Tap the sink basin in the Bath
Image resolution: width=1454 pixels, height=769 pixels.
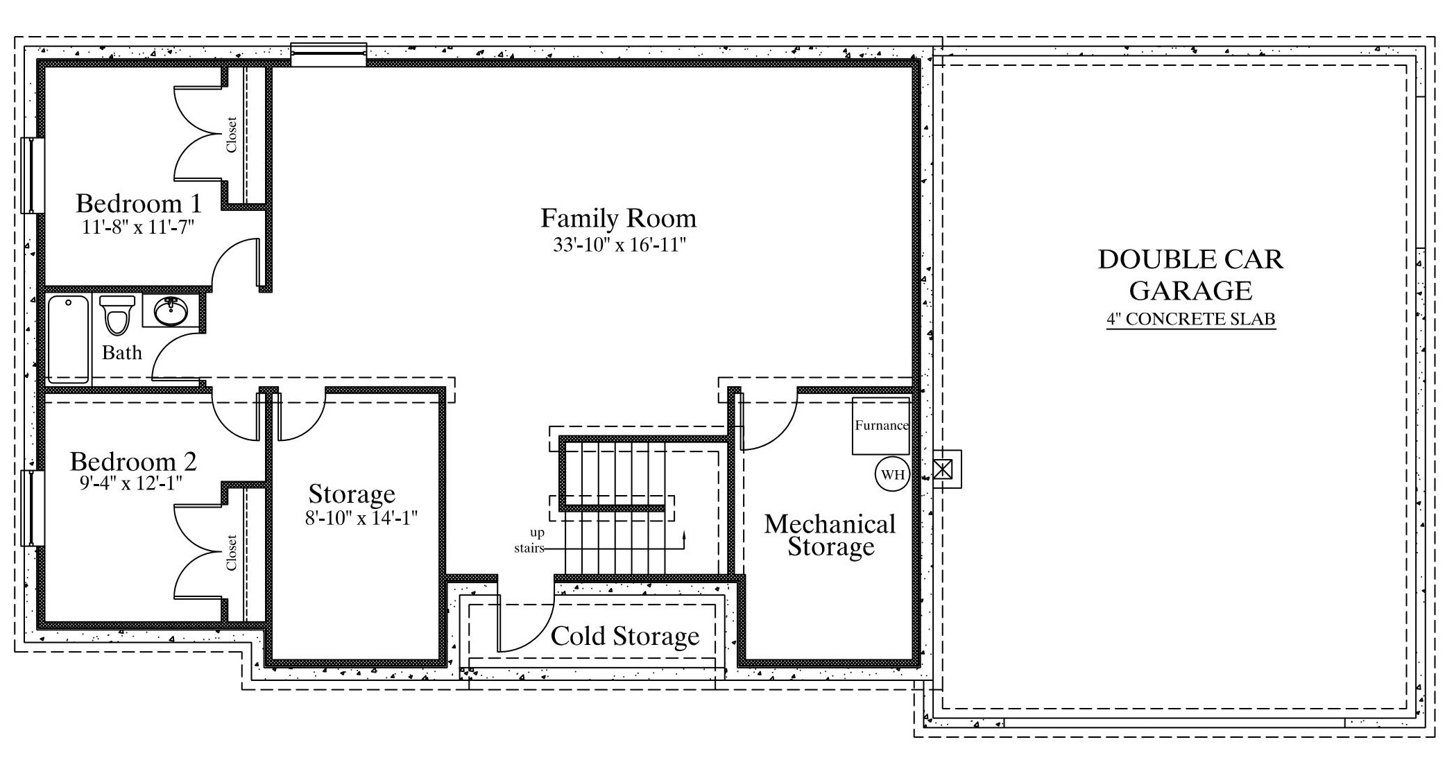[x=170, y=312]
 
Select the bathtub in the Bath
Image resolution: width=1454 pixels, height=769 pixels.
[x=68, y=339]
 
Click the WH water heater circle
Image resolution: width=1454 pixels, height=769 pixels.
[x=892, y=474]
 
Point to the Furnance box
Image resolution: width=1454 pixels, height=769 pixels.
[x=881, y=426]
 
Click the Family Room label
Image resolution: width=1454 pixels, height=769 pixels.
[x=618, y=218]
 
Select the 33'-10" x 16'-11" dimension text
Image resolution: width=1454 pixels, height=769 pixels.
[x=619, y=244]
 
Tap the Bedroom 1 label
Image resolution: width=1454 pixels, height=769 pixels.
[x=139, y=203]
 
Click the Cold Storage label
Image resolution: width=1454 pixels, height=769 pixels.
[x=625, y=636]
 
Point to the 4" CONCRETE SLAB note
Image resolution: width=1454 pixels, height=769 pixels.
[x=1190, y=319]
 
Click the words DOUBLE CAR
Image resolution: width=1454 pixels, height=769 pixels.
[x=1190, y=259]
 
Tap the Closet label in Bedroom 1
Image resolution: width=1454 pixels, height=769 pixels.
[x=232, y=135]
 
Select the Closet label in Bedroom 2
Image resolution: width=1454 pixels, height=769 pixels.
[x=232, y=553]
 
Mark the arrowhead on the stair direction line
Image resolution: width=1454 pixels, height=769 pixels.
[x=685, y=535]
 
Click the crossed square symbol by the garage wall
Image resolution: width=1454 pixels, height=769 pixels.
[x=943, y=469]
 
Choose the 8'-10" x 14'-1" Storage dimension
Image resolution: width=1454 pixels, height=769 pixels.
[x=361, y=518]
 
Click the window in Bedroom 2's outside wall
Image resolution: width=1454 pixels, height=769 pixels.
[x=29, y=508]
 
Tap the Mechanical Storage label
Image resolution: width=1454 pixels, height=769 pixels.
[x=830, y=535]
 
